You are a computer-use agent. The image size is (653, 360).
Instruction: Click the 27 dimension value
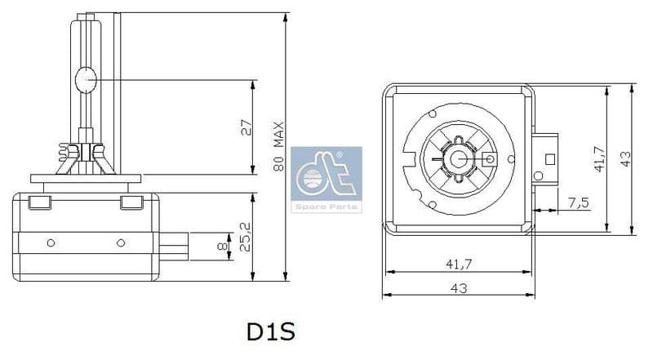(247, 127)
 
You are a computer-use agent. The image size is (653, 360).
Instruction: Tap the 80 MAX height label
(278, 148)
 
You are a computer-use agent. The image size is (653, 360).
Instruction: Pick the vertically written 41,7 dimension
(599, 159)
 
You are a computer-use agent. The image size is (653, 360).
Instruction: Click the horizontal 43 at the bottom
(458, 287)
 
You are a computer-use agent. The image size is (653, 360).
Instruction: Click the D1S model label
(269, 332)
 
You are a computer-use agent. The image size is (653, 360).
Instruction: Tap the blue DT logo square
(326, 171)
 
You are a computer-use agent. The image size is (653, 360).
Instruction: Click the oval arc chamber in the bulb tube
(86, 80)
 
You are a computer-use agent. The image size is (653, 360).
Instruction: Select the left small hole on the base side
(51, 243)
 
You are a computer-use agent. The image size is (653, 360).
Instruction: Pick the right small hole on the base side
(121, 243)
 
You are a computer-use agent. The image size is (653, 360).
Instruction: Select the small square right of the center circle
(489, 159)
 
